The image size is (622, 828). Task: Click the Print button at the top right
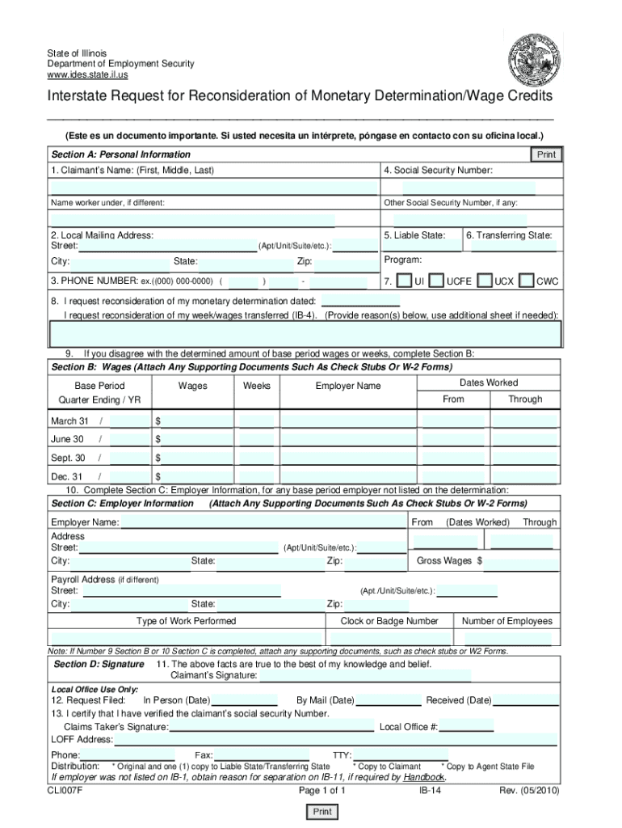tap(547, 154)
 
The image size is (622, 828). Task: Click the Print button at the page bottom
tap(322, 812)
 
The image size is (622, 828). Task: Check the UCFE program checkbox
tap(436, 281)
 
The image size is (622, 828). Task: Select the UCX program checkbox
tap(485, 281)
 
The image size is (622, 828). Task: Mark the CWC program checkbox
tap(527, 281)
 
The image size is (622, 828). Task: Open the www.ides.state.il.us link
tap(86, 74)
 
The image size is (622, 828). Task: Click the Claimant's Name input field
tap(213, 188)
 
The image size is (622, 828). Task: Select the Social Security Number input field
tap(469, 188)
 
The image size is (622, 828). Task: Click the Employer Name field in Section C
tap(263, 523)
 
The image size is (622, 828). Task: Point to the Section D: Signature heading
tap(99, 664)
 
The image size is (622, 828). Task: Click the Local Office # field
tap(466, 727)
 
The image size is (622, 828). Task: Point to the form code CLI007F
tap(66, 791)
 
